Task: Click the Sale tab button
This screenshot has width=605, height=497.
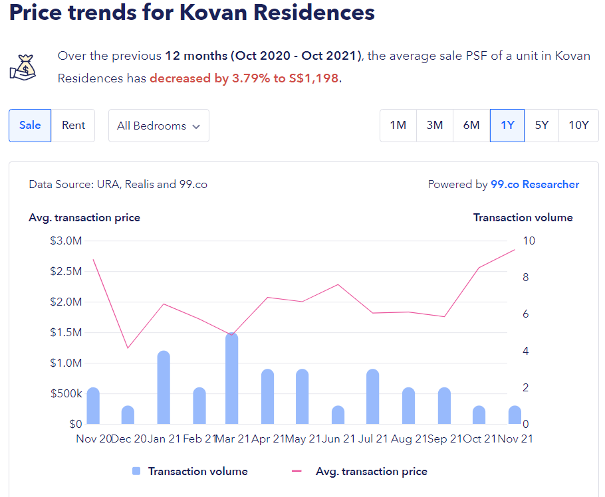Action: [30, 126]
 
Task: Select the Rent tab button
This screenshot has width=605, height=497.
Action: [73, 126]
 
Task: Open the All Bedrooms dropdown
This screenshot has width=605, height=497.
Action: [158, 126]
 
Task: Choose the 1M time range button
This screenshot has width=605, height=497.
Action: [398, 126]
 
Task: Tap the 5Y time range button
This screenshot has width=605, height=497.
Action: [542, 126]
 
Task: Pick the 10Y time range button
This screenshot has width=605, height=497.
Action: [578, 126]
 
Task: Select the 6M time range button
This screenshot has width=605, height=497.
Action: [471, 126]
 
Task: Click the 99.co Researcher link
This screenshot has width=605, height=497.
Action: [535, 185]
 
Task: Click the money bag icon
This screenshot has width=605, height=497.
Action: [22, 66]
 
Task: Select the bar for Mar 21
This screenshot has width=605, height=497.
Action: [231, 379]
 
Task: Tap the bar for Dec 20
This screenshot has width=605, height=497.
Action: [128, 415]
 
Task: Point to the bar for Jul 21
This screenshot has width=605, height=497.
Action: [372, 397]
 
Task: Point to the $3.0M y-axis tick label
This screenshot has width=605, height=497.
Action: [66, 241]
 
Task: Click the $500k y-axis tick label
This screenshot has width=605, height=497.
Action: [66, 393]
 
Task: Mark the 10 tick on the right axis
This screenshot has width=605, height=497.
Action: [528, 241]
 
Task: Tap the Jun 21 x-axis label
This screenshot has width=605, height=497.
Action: [340, 439]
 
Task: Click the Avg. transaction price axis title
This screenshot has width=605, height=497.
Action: [84, 217]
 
